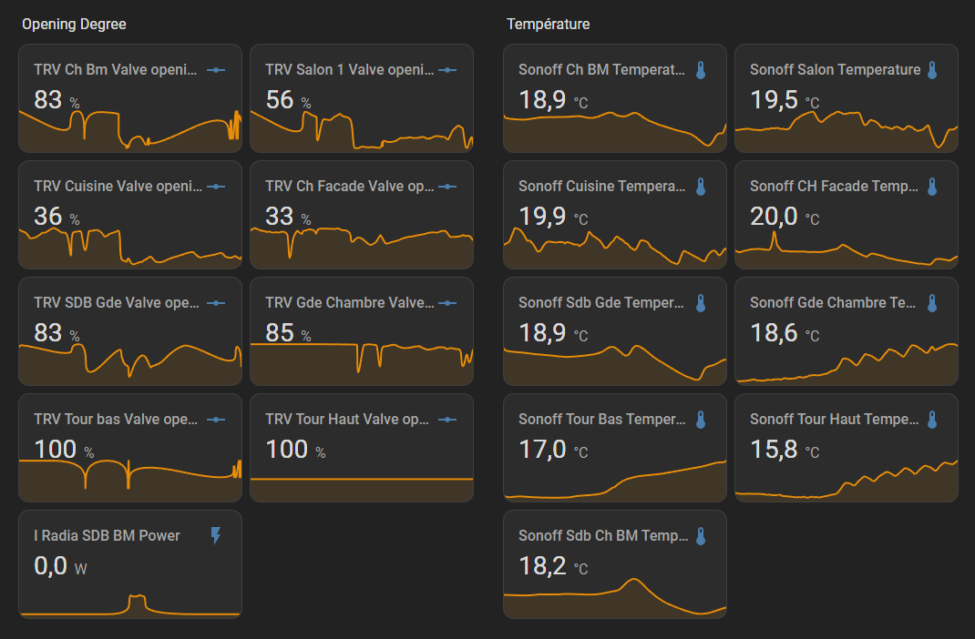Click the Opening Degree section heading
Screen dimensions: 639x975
[74, 24]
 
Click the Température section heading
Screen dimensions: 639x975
[548, 24]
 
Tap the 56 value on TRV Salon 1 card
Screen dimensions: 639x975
[280, 99]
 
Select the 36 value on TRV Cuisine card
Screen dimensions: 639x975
[48, 216]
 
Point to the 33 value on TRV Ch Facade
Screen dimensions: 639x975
[280, 216]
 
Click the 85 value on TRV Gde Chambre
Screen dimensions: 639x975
[280, 332]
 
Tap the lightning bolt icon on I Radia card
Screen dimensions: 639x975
[216, 535]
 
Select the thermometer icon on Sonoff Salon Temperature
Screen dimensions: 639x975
[932, 70]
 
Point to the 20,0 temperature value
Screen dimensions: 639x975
[774, 216]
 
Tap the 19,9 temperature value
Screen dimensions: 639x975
[542, 216]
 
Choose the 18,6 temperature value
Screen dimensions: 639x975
[774, 332]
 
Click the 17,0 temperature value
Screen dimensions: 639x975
[542, 449]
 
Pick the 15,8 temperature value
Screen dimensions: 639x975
[774, 449]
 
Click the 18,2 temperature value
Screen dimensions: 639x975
[542, 565]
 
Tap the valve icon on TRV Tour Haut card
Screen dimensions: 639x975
[447, 420]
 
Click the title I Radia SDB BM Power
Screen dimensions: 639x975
[107, 535]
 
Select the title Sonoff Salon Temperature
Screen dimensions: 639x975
[835, 69]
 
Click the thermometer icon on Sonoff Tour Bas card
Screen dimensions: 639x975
[701, 420]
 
